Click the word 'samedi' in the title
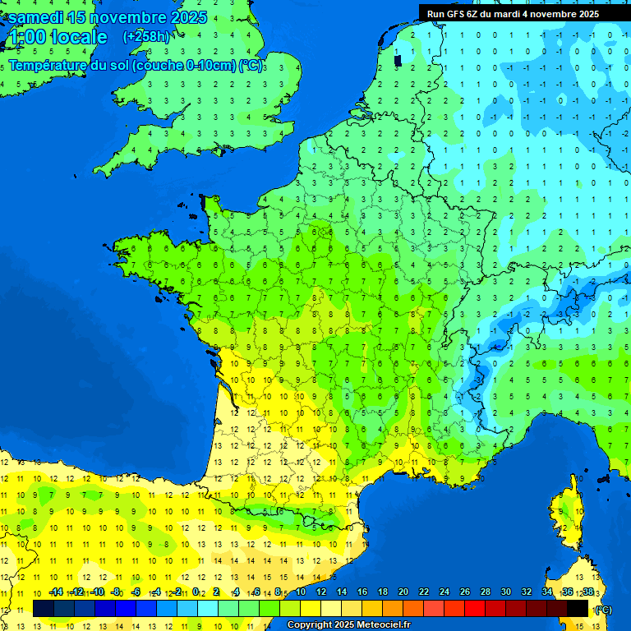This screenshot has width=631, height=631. pos(35,17)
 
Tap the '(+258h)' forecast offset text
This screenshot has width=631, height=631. pos(146,36)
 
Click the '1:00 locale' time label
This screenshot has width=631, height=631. pos(57,37)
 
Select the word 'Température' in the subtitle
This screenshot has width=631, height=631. pos(47,66)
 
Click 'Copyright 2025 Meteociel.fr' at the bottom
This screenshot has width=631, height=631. pos(348,624)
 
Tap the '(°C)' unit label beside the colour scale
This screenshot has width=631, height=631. pos(602,609)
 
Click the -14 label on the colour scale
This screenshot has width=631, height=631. pos(57,592)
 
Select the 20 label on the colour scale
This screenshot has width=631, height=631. pos(403,592)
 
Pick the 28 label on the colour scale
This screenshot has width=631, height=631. pos(485,592)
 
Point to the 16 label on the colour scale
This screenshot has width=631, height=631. pos(362,592)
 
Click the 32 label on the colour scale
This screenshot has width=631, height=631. pos(526,592)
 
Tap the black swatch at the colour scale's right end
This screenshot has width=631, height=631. pos(578,608)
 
